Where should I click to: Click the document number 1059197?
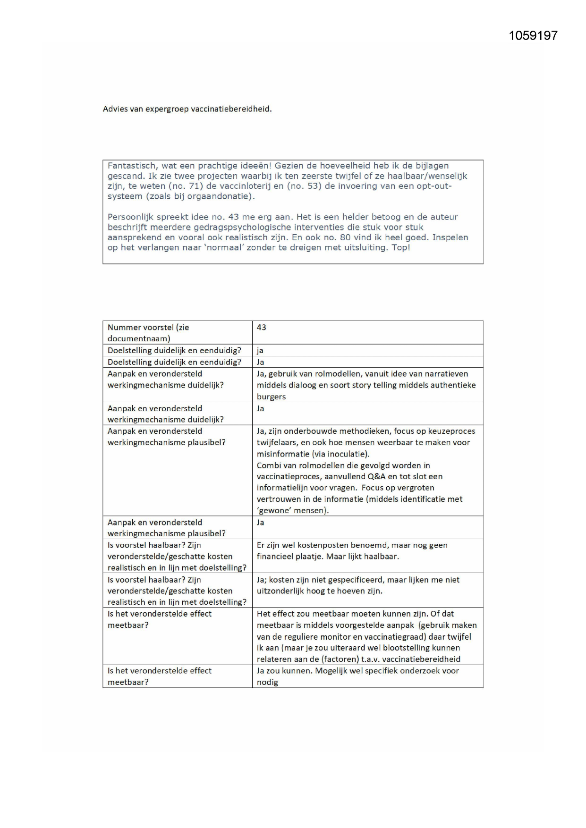click(533, 36)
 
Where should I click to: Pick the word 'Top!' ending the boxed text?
click(401, 247)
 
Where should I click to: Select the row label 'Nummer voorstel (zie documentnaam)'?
click(148, 332)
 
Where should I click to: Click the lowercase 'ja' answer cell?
click(260, 351)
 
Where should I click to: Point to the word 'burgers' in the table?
click(271, 397)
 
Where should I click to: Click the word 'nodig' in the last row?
click(267, 683)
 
